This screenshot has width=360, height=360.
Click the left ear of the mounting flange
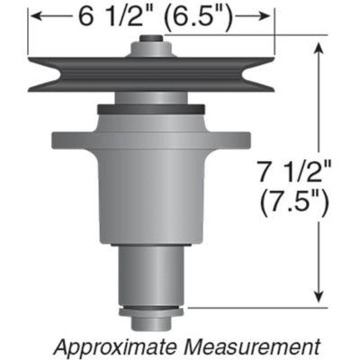point(65,141)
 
